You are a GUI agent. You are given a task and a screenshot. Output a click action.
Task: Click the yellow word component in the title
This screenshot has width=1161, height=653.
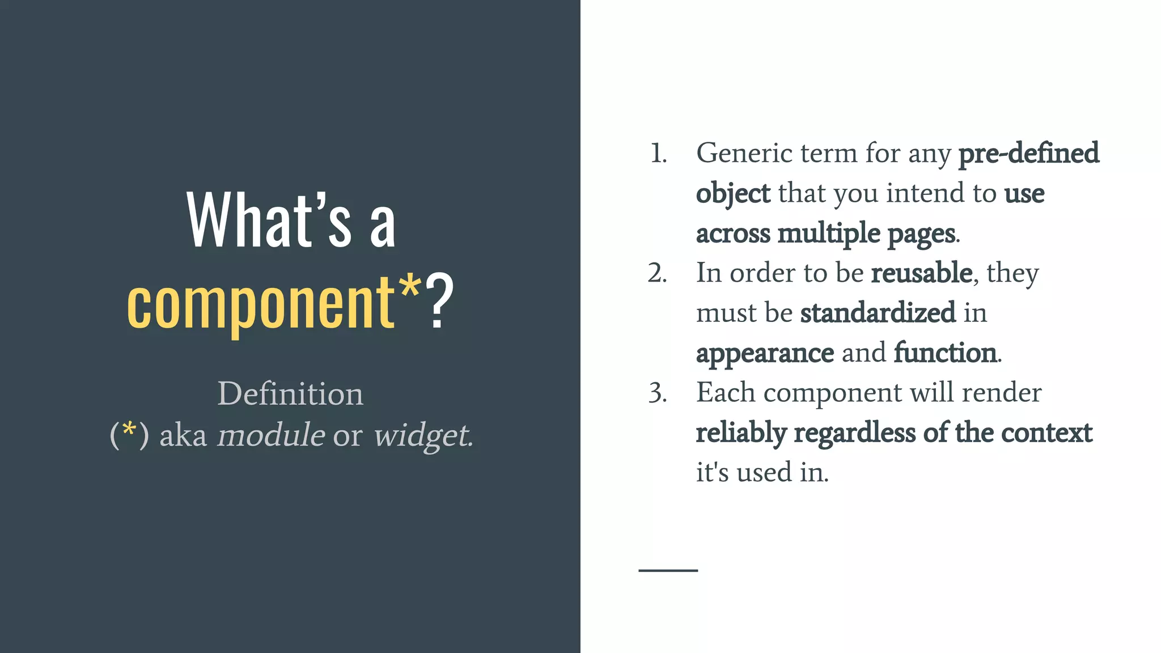click(x=261, y=303)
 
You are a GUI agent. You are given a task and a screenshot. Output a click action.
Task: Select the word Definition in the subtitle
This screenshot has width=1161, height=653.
click(x=290, y=393)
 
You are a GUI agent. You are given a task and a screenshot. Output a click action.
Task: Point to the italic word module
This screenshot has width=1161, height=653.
click(x=271, y=435)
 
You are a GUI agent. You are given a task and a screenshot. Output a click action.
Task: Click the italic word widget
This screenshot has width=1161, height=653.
click(x=422, y=435)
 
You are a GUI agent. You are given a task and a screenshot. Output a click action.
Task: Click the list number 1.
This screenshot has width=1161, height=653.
click(x=658, y=154)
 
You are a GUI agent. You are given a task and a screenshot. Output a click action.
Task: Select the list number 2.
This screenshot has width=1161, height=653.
click(x=657, y=273)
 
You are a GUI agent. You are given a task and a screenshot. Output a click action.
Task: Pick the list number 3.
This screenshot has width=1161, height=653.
click(x=657, y=393)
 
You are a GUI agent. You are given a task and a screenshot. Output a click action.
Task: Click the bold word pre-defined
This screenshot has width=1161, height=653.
click(x=1028, y=154)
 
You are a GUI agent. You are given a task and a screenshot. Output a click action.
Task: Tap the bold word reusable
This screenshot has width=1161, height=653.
click(x=922, y=273)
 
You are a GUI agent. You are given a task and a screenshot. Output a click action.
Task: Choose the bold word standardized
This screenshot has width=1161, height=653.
click(x=878, y=313)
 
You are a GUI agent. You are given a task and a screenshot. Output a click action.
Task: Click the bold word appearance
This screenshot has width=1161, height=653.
click(x=765, y=354)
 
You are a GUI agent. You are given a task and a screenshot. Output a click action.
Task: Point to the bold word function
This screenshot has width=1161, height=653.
click(x=945, y=353)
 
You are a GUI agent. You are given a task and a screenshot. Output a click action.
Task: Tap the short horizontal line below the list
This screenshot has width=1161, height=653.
click(x=668, y=570)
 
